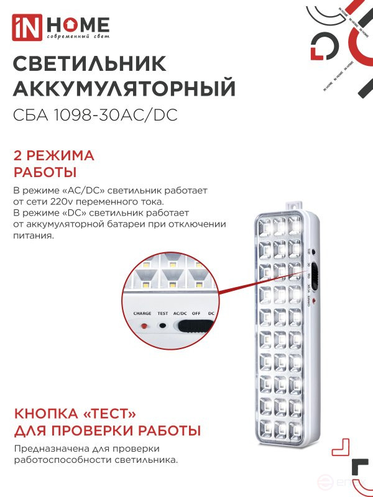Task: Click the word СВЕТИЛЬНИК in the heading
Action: [x=90, y=64]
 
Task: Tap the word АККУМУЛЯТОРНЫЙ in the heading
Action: [x=124, y=89]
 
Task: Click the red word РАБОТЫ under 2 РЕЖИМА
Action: [x=45, y=171]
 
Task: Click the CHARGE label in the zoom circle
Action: [x=142, y=314]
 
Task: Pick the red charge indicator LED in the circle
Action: [x=144, y=326]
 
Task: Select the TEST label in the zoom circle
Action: [x=163, y=314]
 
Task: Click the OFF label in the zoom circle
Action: [x=196, y=314]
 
